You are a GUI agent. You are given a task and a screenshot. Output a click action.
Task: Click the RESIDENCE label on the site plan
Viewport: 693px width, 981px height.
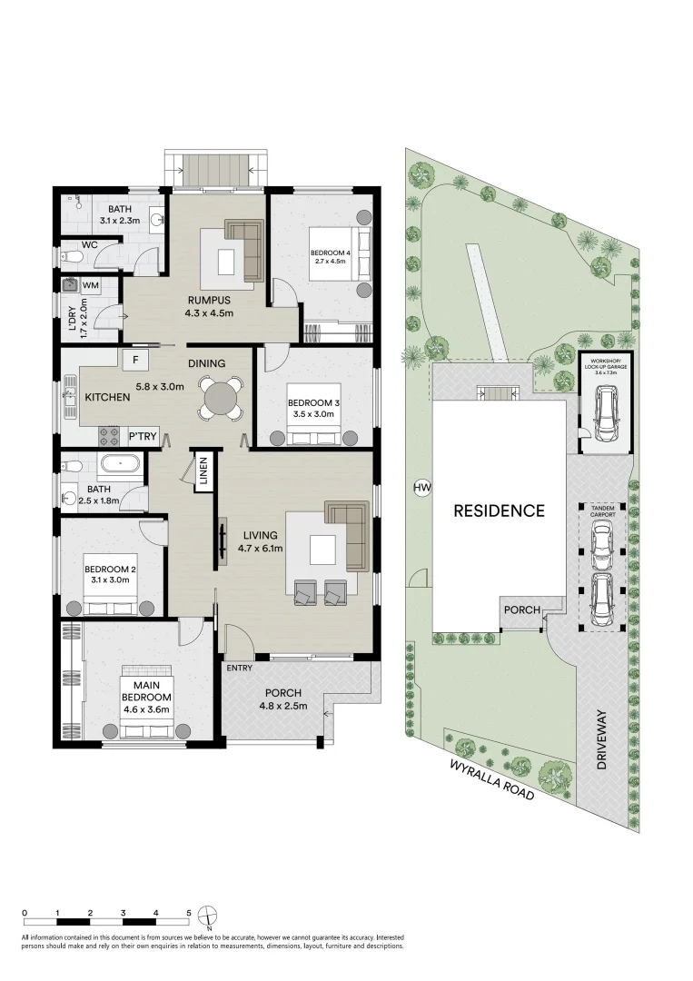(x=500, y=510)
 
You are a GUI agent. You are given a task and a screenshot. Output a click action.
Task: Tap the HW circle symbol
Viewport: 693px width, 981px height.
(x=421, y=489)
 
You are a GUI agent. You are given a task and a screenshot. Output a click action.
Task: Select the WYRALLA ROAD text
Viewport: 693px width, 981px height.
(x=491, y=779)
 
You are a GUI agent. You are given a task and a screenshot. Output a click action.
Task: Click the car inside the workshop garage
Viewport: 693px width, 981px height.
(x=604, y=412)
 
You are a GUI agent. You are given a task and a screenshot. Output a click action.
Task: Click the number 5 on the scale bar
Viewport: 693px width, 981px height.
(x=188, y=912)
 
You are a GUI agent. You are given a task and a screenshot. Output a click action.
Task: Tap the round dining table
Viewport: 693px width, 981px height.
(x=222, y=399)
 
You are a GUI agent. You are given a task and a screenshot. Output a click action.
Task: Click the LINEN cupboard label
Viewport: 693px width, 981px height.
(x=203, y=472)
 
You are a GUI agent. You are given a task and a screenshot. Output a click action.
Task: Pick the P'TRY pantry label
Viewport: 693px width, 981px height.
(x=143, y=437)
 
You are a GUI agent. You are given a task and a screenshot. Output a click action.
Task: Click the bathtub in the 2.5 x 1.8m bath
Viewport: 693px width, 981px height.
(x=120, y=465)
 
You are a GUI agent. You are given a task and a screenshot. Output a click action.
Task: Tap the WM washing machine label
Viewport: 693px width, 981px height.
(x=90, y=285)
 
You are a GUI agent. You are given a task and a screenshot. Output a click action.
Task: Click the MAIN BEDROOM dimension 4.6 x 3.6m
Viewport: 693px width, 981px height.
(x=146, y=709)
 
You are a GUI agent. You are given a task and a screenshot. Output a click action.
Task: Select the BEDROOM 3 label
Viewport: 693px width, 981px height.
(x=312, y=402)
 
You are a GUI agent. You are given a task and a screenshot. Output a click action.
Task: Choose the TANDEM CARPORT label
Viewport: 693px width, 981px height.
(x=604, y=512)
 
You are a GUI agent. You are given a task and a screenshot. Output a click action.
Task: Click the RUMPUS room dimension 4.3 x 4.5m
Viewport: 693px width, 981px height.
(x=211, y=313)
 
